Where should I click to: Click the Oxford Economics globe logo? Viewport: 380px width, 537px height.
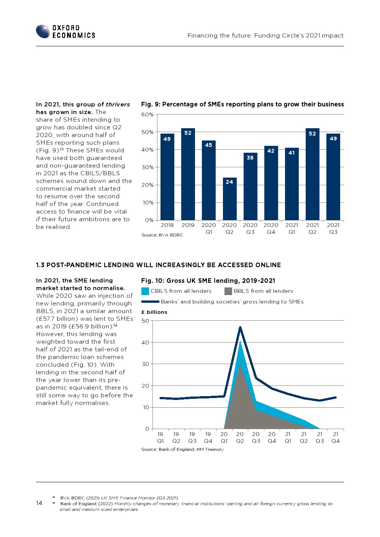(x=43, y=31)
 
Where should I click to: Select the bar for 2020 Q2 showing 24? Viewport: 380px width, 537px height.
(x=229, y=199)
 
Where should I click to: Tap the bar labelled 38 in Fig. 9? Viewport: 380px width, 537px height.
(x=250, y=186)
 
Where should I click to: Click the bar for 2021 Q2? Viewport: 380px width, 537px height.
(x=313, y=174)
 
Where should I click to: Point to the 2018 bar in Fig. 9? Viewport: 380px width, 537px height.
(x=167, y=177)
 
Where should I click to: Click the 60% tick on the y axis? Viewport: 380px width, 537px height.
(x=147, y=114)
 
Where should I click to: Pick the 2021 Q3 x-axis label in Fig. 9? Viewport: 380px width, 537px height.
(x=333, y=229)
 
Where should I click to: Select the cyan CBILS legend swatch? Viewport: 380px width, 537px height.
(x=145, y=291)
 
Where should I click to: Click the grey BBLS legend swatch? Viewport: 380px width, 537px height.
(x=228, y=291)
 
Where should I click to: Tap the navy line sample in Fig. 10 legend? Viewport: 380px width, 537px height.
(x=150, y=302)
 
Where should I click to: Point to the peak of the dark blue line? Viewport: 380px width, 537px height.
(x=240, y=327)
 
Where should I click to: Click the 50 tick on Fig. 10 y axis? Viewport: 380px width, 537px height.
(x=145, y=321)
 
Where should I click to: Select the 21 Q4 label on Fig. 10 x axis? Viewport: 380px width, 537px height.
(x=336, y=437)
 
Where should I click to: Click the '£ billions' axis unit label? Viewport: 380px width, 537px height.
(x=154, y=312)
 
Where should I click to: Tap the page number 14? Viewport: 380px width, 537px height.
(x=39, y=503)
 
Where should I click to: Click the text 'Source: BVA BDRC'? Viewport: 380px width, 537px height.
(x=162, y=235)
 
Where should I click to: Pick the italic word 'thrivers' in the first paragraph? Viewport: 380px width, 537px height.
(x=118, y=104)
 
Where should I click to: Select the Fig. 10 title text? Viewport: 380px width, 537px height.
(x=208, y=281)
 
